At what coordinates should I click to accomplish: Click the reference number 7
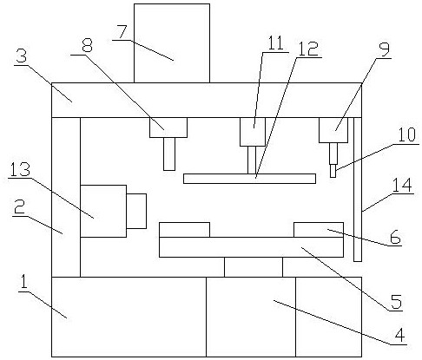(122, 33)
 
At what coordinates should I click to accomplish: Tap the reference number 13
(20, 169)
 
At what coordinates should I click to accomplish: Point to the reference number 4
(399, 336)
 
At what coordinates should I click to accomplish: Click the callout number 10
(407, 134)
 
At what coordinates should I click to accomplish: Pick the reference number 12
(308, 49)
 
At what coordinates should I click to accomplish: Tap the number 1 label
(23, 282)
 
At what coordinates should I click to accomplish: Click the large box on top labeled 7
(172, 43)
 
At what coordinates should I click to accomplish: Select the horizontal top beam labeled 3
(207, 100)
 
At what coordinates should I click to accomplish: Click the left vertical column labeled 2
(66, 197)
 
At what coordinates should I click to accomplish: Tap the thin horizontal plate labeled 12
(249, 179)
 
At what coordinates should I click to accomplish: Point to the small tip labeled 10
(333, 171)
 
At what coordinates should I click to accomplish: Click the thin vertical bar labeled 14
(358, 189)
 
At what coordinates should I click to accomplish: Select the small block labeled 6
(319, 230)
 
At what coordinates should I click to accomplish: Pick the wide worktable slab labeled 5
(251, 247)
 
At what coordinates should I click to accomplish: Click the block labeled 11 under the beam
(253, 132)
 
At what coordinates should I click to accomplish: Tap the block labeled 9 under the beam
(333, 130)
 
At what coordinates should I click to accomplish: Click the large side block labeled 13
(103, 211)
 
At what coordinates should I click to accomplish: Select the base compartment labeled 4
(251, 317)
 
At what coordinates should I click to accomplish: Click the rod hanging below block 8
(169, 154)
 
